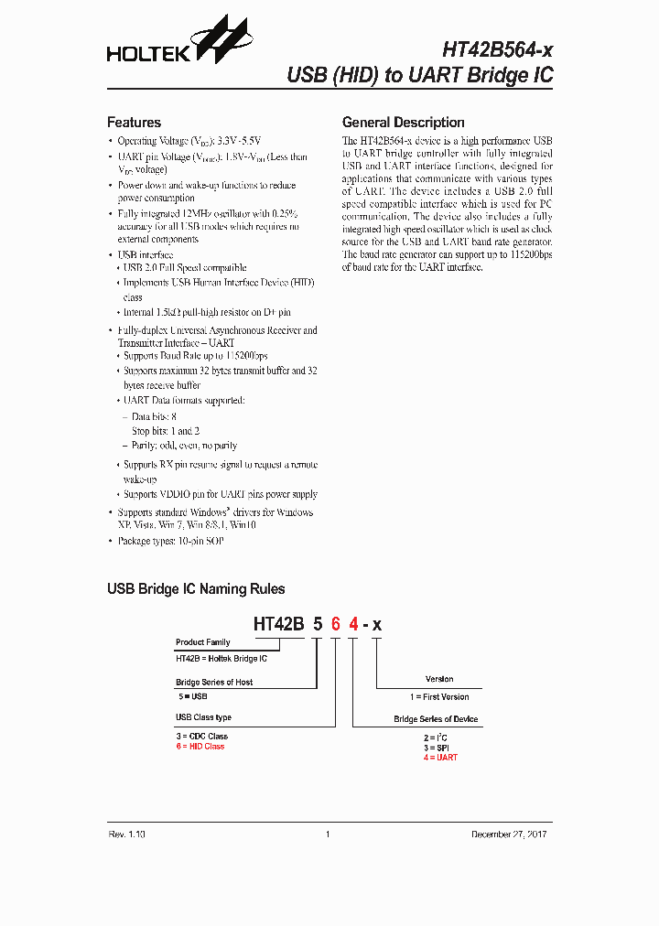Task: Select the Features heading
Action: coord(134,123)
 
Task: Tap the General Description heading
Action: coord(403,123)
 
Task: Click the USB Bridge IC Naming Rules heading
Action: coord(196,589)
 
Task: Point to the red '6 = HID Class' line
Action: coord(200,747)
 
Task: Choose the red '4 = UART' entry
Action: coord(439,758)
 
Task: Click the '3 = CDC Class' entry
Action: coord(201,737)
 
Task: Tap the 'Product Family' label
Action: coord(202,642)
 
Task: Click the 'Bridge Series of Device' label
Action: coord(436,719)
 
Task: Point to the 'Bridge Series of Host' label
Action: coord(213,682)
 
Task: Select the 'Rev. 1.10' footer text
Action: coord(126,834)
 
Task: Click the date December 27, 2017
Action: coord(510,834)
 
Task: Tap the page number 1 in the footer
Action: coord(328,834)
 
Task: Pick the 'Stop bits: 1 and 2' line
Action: coord(166,431)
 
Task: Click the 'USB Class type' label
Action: coord(203,717)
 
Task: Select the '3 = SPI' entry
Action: coord(436,748)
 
